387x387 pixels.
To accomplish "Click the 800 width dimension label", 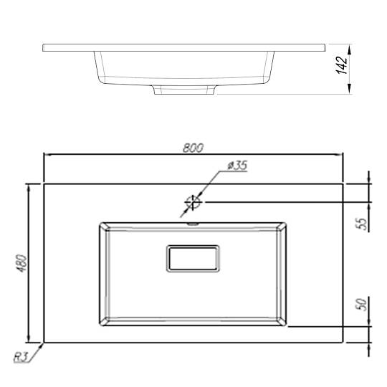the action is pos(193,148).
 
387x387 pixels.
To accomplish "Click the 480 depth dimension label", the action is pos(22,263).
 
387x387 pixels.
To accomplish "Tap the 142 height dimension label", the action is pos(342,65).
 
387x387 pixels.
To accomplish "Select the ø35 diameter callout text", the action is pos(236,166).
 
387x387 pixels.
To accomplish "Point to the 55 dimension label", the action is pos(363,224).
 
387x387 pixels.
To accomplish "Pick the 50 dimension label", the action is pos(361,305).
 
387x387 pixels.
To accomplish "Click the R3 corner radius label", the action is pos(20,357).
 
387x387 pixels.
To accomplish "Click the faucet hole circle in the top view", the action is pos(193,202).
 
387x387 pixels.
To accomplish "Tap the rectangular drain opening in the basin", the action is pos(193,259).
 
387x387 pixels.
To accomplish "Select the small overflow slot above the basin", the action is pos(193,224).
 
